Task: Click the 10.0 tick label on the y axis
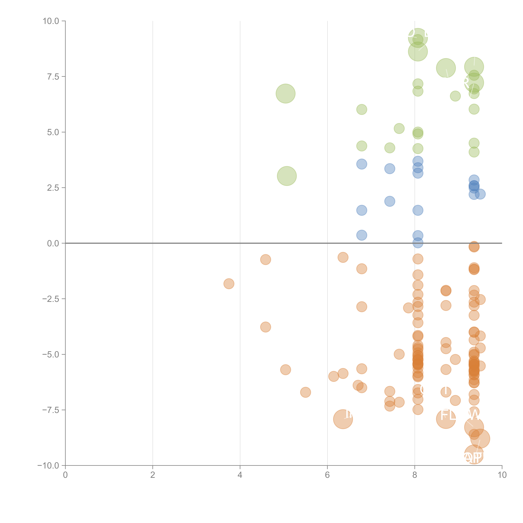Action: pos(51,21)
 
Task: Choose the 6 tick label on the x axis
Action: pos(327,475)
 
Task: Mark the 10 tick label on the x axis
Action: pos(502,475)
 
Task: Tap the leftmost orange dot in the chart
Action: pos(229,284)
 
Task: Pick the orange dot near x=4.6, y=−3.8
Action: pos(266,327)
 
